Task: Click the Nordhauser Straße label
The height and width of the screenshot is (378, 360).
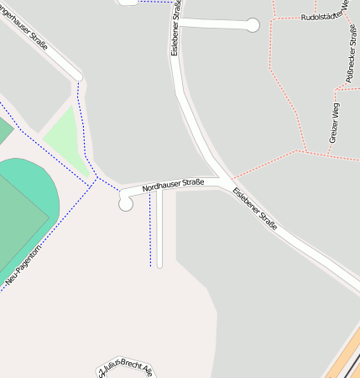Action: [x=173, y=183]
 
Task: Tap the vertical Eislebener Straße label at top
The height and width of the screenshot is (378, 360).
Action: [x=175, y=28]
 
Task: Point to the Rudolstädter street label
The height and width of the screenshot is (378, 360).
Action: [x=324, y=17]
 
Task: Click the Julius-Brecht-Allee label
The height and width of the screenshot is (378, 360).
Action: [x=126, y=369]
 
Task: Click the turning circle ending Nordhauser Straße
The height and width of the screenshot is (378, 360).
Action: [x=126, y=203]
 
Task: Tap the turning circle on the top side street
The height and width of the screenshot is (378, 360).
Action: [x=253, y=25]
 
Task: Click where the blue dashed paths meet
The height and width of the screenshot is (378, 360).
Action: [x=98, y=177]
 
